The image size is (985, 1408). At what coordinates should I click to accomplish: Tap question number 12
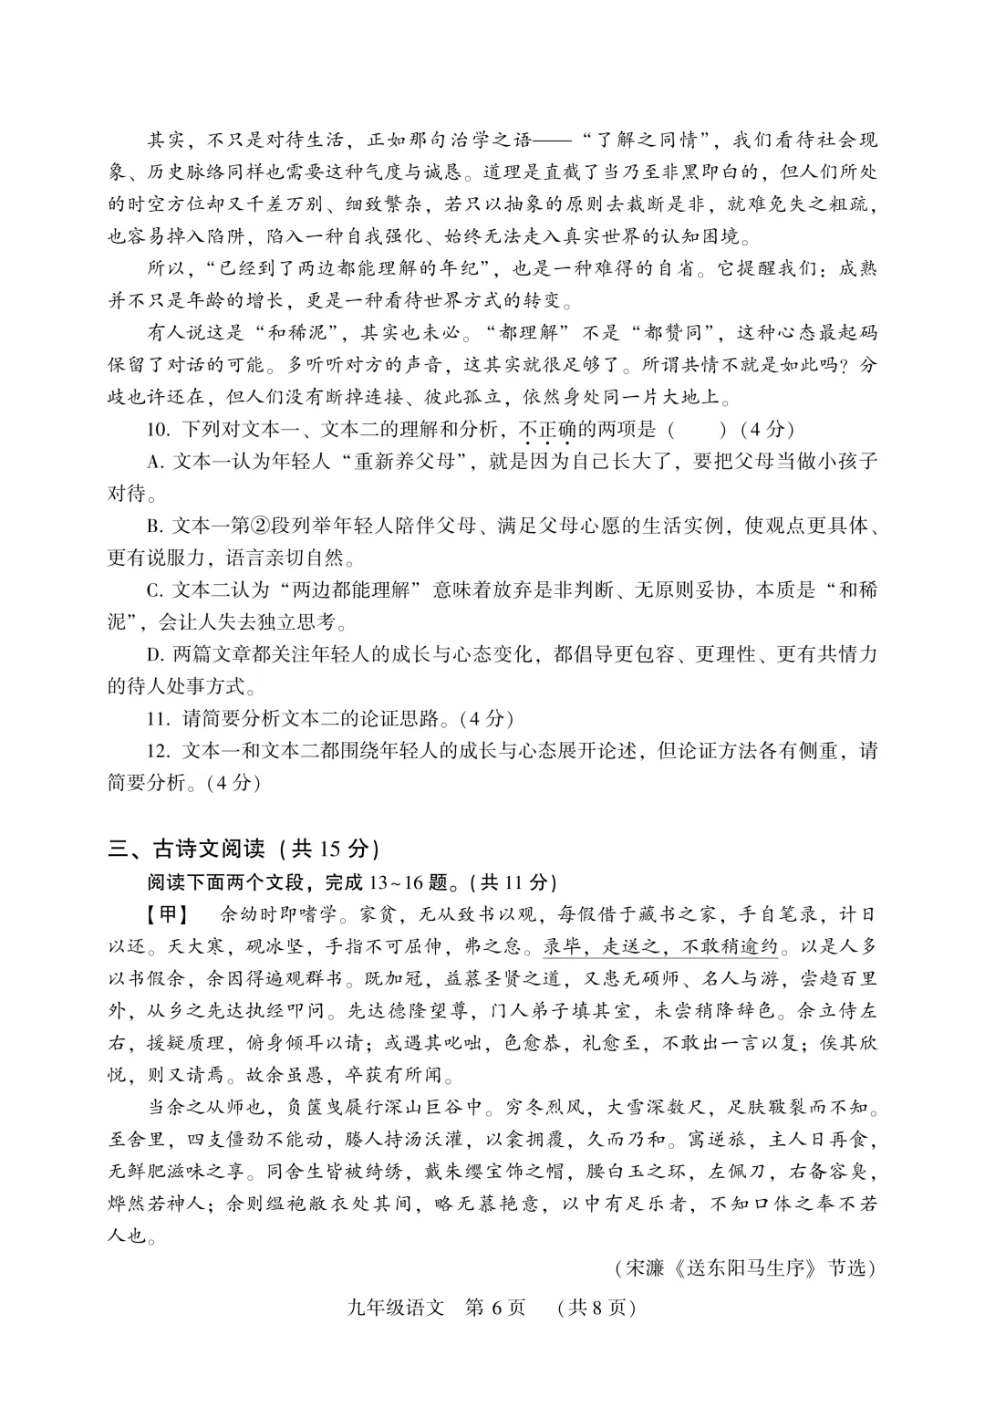159,751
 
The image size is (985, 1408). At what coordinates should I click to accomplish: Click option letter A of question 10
154,462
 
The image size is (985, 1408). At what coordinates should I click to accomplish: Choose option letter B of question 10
154,526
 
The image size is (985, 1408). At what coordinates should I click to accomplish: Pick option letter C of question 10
154,590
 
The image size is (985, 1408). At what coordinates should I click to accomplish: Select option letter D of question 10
154,654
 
